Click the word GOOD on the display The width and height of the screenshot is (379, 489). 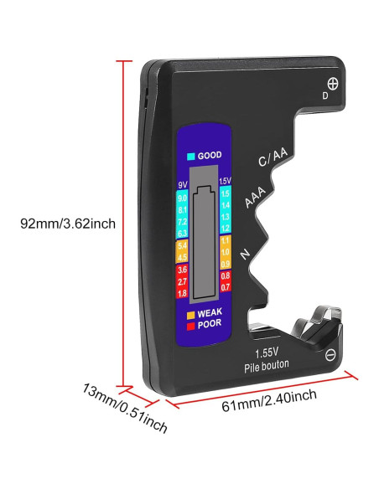[x=210, y=157]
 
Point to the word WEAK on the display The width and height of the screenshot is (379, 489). [x=210, y=312]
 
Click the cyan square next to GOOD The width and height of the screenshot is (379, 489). [x=192, y=157]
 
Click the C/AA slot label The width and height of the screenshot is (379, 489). [x=273, y=159]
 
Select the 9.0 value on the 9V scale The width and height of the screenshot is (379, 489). [x=182, y=198]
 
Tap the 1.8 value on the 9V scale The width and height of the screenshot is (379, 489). [x=182, y=294]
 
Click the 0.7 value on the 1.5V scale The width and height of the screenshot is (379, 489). [x=225, y=287]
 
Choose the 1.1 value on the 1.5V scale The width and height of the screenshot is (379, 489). [x=225, y=240]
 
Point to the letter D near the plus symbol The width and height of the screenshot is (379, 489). [x=325, y=95]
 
